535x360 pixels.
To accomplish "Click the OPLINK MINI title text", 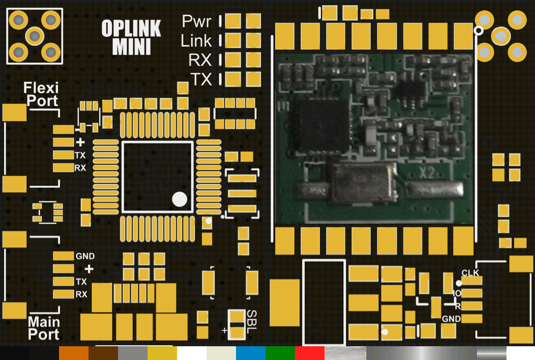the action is click(x=131, y=37).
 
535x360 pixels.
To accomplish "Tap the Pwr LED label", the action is click(x=197, y=21).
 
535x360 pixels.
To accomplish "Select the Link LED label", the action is click(x=196, y=41).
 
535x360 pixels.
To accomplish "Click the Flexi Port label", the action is click(x=41, y=94).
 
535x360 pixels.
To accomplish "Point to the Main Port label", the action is click(x=44, y=328).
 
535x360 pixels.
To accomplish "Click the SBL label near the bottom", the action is click(x=251, y=322).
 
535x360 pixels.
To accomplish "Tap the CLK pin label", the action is click(x=470, y=272).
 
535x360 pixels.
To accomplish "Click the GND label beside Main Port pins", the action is click(x=85, y=256).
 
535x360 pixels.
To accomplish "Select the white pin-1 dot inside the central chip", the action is click(x=179, y=199).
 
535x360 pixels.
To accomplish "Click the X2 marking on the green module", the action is click(x=427, y=173).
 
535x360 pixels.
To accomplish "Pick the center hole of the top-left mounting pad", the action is click(x=34, y=36).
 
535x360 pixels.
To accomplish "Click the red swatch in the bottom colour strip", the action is click(x=309, y=353).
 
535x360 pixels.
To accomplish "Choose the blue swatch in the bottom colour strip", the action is click(x=250, y=353).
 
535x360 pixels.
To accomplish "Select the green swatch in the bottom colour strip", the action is click(x=280, y=353).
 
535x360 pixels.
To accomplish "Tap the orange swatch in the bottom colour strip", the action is click(x=74, y=353).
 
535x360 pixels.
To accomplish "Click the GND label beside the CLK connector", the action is click(x=451, y=319).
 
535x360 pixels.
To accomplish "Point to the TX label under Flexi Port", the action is click(x=80, y=155).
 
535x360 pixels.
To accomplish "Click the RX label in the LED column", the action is click(x=200, y=60).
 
